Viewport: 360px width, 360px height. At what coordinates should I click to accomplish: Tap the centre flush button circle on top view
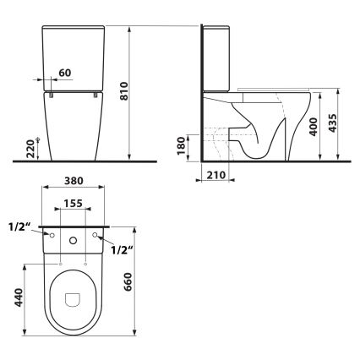point(74,241)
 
